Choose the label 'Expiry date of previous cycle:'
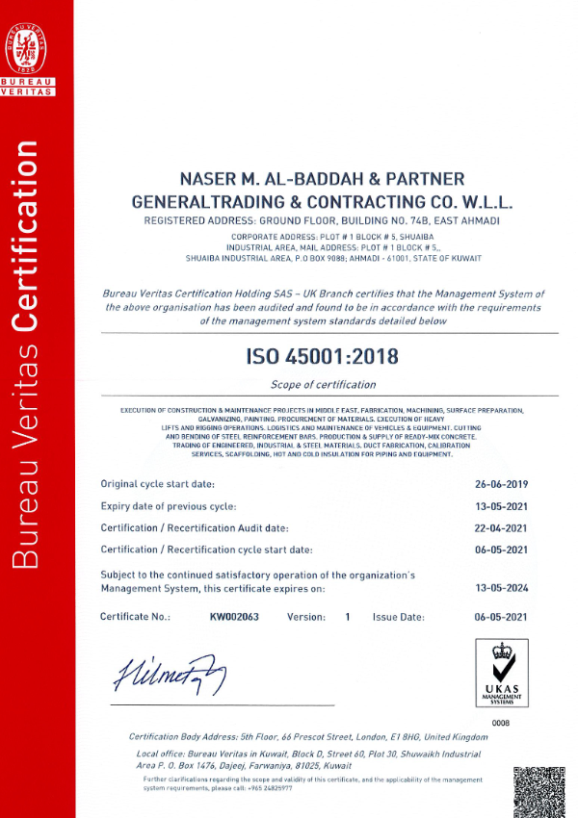pos(169,506)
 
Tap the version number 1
pos(347,617)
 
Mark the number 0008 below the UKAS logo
pos(500,722)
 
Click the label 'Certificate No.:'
pos(136,617)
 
